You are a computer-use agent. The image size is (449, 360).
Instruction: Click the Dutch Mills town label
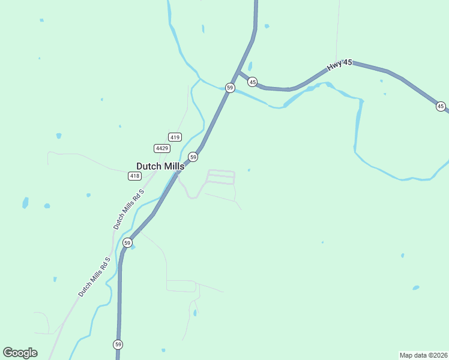[160, 166]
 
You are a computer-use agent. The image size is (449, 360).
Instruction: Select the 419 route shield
[175, 137]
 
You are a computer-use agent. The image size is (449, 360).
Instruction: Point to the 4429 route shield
[161, 148]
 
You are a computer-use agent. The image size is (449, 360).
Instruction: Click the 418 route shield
[134, 176]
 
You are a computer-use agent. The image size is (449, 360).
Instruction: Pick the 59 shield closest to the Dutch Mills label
[193, 157]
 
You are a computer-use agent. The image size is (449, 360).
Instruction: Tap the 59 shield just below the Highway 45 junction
[230, 88]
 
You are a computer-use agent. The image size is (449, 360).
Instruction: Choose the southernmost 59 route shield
[118, 344]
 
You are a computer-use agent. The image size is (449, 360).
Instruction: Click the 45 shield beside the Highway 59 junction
[252, 82]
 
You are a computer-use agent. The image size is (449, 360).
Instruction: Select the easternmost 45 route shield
[441, 106]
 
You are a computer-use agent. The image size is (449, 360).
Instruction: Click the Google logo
[20, 353]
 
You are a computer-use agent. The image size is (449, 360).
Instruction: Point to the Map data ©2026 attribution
[423, 355]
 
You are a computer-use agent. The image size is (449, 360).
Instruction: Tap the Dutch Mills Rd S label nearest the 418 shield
[129, 209]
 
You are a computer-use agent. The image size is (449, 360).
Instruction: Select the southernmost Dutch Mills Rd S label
[94, 277]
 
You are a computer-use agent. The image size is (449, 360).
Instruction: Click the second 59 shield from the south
[127, 242]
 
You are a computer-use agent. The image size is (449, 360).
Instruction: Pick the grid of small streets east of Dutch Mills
[221, 176]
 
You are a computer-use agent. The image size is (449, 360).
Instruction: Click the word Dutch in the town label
[147, 166]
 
